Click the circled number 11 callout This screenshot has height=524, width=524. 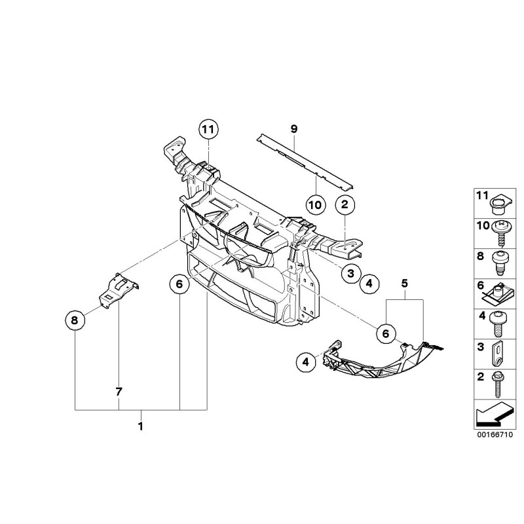click(x=208, y=130)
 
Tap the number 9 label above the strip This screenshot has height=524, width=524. click(x=294, y=130)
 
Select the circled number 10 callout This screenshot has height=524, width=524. click(x=315, y=204)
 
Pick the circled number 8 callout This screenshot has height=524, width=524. click(x=75, y=320)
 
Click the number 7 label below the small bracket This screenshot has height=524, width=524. click(x=119, y=392)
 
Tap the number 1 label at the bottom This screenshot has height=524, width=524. click(x=140, y=426)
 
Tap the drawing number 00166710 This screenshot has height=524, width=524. click(x=495, y=434)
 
